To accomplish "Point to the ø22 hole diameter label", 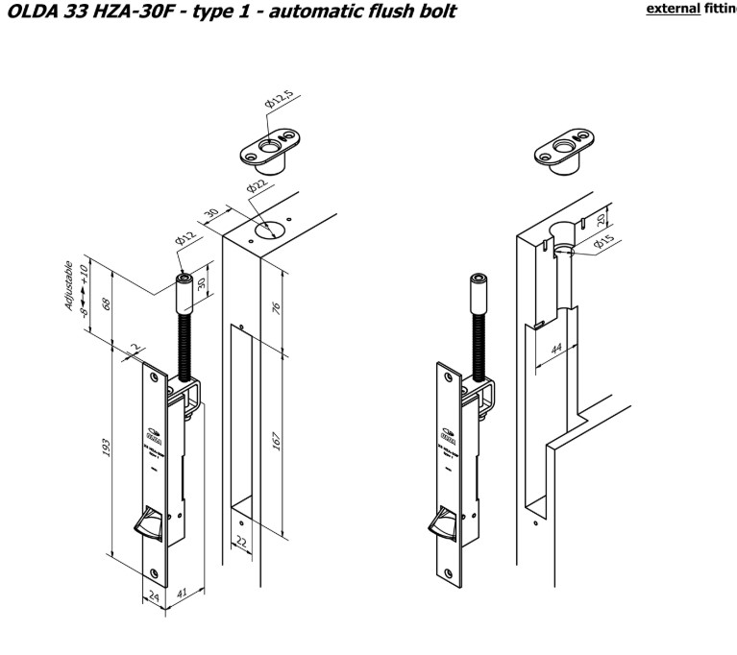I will click(x=256, y=186).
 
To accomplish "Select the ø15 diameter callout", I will click(x=603, y=244).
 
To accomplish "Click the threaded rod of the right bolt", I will click(x=475, y=340).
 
